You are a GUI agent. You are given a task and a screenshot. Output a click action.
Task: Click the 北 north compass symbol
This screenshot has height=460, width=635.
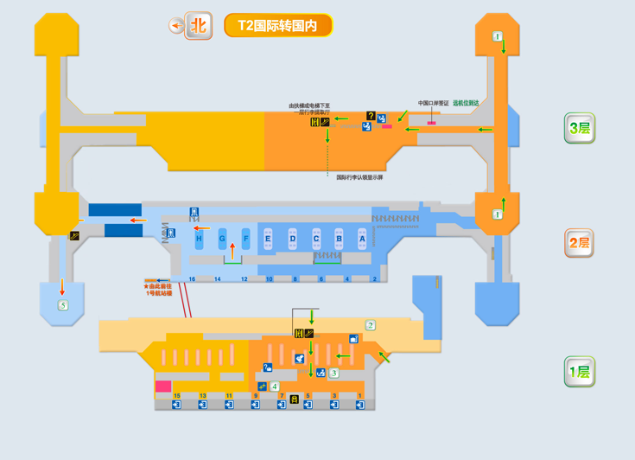point(200,25)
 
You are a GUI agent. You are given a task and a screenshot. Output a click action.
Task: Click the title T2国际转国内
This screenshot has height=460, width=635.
point(277,26)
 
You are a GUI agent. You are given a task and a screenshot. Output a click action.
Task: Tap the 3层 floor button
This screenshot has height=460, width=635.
point(579,129)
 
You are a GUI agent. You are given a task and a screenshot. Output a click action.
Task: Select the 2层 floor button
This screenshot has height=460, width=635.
point(579,243)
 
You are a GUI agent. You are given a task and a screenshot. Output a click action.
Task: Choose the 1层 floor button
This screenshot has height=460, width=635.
point(579,372)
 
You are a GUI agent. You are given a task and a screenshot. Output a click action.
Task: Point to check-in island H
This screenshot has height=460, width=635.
point(199,239)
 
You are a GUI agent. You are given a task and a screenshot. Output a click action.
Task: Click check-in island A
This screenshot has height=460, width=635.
point(362,239)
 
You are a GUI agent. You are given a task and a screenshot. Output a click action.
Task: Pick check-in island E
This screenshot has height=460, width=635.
point(269,239)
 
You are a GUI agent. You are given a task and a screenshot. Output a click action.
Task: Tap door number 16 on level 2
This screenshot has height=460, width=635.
point(192,279)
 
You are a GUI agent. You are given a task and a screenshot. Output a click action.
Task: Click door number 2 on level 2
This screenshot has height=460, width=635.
point(375,279)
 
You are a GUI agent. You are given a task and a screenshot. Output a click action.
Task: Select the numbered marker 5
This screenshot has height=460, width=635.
point(63,305)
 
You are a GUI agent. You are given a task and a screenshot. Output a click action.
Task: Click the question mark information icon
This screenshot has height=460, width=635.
point(371,116)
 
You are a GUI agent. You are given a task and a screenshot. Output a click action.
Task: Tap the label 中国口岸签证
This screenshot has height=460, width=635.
point(433,103)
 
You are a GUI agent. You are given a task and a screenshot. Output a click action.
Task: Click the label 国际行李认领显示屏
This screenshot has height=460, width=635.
point(359,177)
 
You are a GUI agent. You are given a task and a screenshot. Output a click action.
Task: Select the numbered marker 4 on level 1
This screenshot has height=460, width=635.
point(275,387)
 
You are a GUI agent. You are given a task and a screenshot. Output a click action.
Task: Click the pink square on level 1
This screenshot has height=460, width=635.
point(162,387)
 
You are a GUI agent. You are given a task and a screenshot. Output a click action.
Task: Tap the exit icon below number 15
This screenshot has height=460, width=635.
point(177,405)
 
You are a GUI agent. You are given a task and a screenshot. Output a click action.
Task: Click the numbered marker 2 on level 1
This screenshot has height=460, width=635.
point(371,326)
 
